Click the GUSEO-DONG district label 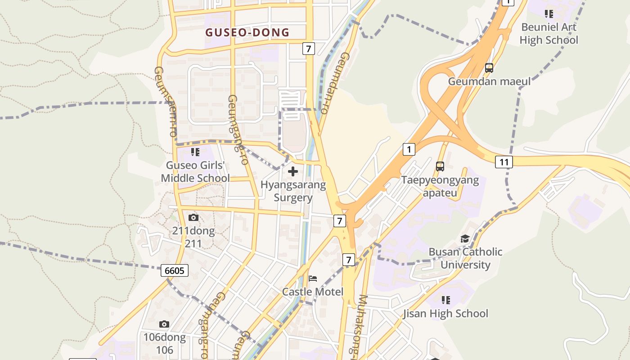(x=247, y=32)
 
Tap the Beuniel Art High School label (x=549, y=33)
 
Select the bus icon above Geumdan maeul (x=489, y=68)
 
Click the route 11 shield (x=504, y=162)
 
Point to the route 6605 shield (x=175, y=270)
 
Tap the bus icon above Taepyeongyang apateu (x=440, y=166)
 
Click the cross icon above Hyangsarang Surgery (x=293, y=171)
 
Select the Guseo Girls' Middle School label (x=195, y=171)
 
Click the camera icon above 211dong (x=193, y=218)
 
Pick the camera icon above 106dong (x=164, y=324)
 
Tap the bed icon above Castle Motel (x=313, y=278)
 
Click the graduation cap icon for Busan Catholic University (x=465, y=238)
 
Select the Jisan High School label (x=445, y=313)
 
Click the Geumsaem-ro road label (x=166, y=101)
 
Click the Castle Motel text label (x=313, y=292)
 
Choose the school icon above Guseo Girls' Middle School (x=195, y=152)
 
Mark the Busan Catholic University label (x=465, y=258)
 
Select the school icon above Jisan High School (x=446, y=300)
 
